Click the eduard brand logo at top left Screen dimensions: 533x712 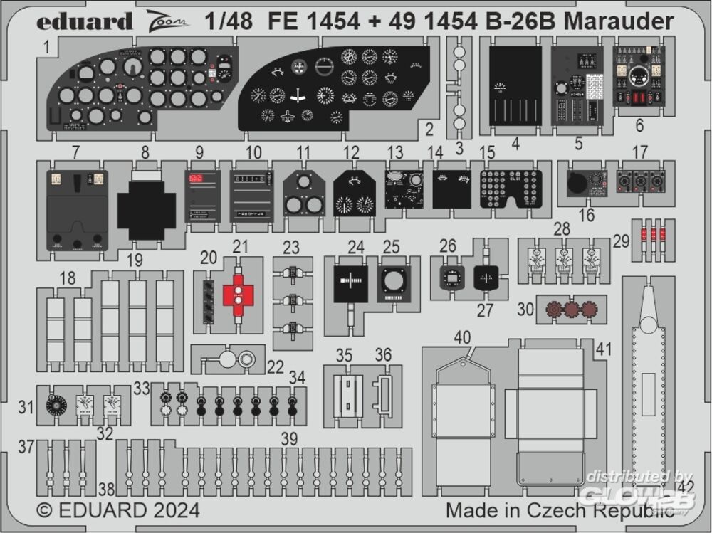[85, 22]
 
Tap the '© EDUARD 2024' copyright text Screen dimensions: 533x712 [117, 511]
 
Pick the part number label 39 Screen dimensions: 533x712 [289, 439]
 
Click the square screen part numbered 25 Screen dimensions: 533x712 [391, 281]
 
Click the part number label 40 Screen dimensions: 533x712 [463, 338]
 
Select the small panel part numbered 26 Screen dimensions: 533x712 [449, 278]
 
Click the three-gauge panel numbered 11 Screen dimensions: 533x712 [303, 194]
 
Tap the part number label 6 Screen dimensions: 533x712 [639, 126]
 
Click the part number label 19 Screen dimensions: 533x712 [135, 260]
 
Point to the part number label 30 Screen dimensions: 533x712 [525, 310]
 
